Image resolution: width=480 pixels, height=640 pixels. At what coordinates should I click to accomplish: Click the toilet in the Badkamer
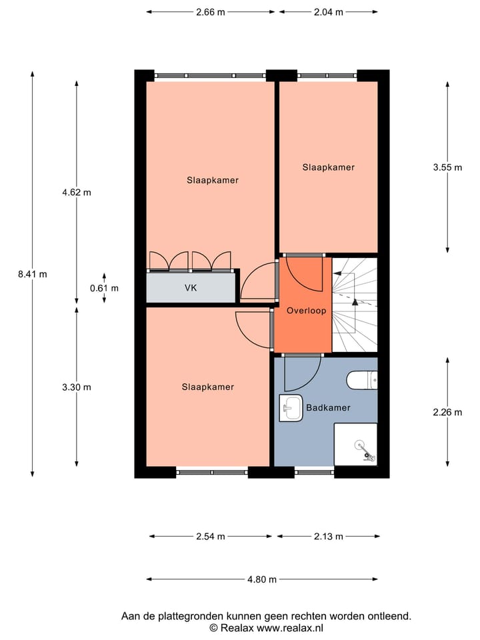pyautogui.click(x=363, y=380)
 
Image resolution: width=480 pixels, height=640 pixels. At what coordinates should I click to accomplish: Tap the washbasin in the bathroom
pyautogui.click(x=291, y=408)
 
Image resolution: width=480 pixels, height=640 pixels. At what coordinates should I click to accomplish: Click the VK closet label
pyautogui.click(x=191, y=288)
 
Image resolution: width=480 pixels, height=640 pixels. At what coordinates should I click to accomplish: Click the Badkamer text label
pyautogui.click(x=328, y=407)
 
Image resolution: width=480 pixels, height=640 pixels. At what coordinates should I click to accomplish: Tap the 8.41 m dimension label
pyautogui.click(x=33, y=273)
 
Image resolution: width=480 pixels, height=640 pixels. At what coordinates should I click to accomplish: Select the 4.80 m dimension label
pyautogui.click(x=262, y=579)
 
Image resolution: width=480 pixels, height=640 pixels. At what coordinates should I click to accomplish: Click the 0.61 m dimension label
pyautogui.click(x=104, y=288)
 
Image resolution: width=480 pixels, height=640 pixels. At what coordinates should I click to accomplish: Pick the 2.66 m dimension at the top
pyautogui.click(x=210, y=11)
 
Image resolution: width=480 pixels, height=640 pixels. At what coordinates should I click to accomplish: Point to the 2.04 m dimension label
pyautogui.click(x=329, y=11)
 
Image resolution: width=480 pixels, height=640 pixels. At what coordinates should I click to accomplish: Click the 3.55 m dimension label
pyautogui.click(x=447, y=167)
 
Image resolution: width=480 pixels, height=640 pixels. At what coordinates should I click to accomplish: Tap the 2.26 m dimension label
pyautogui.click(x=447, y=412)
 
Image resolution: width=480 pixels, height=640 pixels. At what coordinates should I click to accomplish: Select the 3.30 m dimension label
pyautogui.click(x=76, y=387)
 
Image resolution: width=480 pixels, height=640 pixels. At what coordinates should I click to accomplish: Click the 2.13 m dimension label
pyautogui.click(x=329, y=536)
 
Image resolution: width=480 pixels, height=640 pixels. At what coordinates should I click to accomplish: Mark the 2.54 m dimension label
pyautogui.click(x=210, y=536)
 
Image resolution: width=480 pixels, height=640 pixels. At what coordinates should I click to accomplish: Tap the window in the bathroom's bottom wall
pyautogui.click(x=314, y=472)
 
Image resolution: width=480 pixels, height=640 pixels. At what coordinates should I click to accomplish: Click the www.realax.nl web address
pyautogui.click(x=290, y=628)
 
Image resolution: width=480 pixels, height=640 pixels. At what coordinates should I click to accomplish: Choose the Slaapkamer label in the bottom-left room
pyautogui.click(x=207, y=387)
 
